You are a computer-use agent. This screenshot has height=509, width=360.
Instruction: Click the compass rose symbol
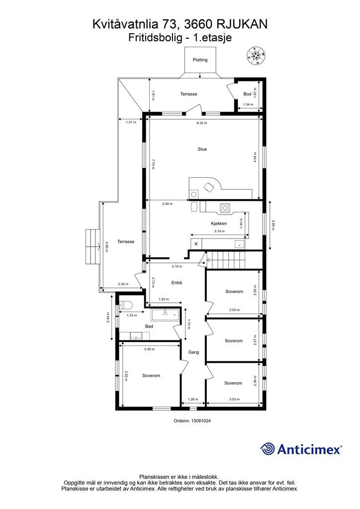tap(256, 56)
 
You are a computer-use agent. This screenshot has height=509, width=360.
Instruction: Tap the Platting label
tap(200, 60)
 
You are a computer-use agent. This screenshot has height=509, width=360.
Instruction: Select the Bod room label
tap(247, 94)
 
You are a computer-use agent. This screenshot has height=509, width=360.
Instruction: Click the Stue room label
tap(202, 149)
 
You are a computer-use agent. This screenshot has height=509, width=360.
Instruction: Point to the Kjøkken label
tap(219, 223)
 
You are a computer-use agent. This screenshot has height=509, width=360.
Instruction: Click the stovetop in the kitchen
tap(225, 207)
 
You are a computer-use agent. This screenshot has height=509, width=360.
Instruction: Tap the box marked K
tap(196, 244)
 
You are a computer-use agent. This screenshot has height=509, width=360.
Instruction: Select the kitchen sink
tap(240, 244)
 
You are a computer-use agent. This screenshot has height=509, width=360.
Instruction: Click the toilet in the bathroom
tap(125, 305)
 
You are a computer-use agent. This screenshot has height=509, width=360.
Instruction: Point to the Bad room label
tap(149, 326)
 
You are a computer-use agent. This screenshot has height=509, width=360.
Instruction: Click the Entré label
tap(177, 283)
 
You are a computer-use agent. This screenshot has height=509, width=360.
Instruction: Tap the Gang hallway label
tap(194, 352)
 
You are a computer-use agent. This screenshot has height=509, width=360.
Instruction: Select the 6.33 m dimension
tap(201, 123)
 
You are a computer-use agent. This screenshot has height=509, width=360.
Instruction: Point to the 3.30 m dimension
tap(149, 349)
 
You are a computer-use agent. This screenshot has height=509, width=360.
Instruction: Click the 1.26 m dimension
tap(193, 400)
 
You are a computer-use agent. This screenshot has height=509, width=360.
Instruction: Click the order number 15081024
tap(201, 421)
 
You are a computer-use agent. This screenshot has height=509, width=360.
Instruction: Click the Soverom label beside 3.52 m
tap(151, 376)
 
